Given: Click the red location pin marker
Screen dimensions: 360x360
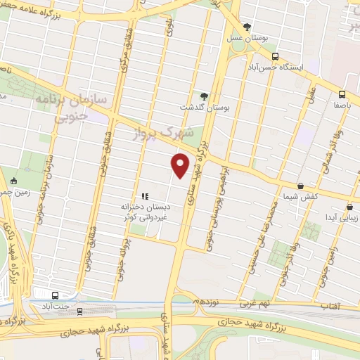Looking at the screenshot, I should (181, 165).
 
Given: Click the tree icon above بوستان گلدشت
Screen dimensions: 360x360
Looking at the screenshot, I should (204, 95).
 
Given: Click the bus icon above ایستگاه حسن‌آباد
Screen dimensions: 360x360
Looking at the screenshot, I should (274, 56).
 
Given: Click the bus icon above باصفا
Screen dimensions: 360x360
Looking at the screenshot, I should (342, 94).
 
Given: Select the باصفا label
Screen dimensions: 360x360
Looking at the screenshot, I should (342, 104).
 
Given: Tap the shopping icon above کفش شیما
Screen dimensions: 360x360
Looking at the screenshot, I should (301, 186).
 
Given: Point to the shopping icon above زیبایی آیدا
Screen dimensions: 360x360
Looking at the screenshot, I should (349, 207).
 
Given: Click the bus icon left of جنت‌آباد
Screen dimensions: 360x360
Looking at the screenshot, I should (56, 295).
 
